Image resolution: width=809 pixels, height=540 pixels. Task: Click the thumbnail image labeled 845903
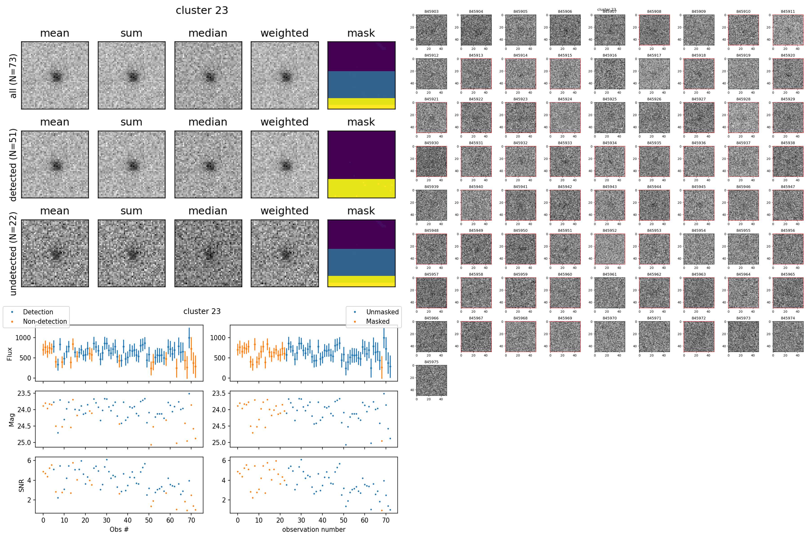(431, 30)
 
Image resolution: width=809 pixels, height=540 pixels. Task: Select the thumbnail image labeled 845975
(431, 380)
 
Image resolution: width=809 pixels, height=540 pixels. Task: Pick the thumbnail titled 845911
(788, 30)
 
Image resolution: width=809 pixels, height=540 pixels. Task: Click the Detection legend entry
(38, 312)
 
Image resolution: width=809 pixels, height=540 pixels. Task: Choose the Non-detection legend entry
(45, 321)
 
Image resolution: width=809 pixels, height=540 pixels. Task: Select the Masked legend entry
(378, 321)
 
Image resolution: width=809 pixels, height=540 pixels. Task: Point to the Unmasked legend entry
(382, 312)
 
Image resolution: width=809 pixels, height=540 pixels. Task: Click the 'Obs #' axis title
(119, 529)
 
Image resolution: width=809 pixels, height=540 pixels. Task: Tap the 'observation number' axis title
(313, 529)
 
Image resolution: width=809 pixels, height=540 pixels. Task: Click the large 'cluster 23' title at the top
(202, 10)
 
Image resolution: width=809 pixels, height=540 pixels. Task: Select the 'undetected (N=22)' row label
(13, 253)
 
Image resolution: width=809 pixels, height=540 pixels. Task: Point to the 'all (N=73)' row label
(13, 76)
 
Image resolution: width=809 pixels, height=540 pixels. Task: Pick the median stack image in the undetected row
(208, 253)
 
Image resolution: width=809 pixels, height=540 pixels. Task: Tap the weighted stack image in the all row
(284, 75)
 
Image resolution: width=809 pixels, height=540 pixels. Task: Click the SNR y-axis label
(21, 486)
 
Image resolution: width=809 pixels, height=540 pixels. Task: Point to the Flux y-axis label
(10, 354)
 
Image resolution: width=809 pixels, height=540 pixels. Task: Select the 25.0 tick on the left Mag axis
(24, 443)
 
